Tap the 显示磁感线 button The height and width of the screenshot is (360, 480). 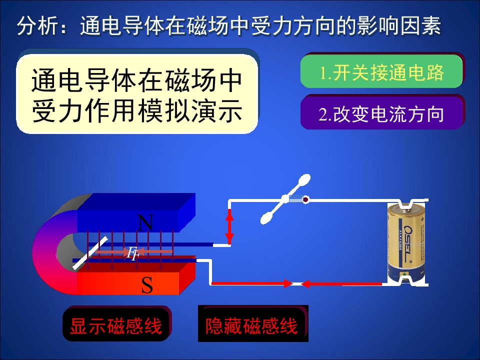pyautogui.click(x=116, y=326)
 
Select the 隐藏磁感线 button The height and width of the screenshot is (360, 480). pyautogui.click(x=252, y=326)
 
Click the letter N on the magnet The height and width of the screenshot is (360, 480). pyautogui.click(x=145, y=223)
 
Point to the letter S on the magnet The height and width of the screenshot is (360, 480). pyautogui.click(x=146, y=285)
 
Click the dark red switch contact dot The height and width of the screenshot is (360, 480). pyautogui.click(x=305, y=199)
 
